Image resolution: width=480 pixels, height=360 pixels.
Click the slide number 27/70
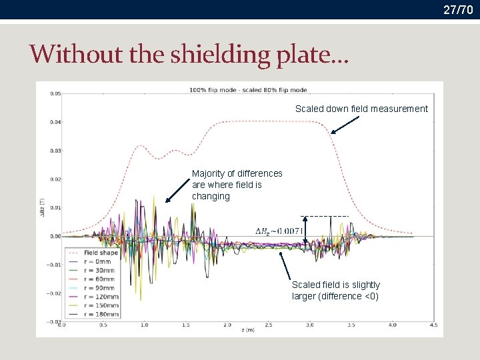460,9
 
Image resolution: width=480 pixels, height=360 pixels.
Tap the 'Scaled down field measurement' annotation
361,109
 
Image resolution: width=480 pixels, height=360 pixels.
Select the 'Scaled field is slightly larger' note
336,291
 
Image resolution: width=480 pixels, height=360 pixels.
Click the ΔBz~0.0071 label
279,231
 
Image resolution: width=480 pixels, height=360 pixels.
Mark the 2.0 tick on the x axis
227,326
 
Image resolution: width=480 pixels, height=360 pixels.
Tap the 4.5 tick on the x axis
434,326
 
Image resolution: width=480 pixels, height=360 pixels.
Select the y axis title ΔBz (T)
41,208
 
